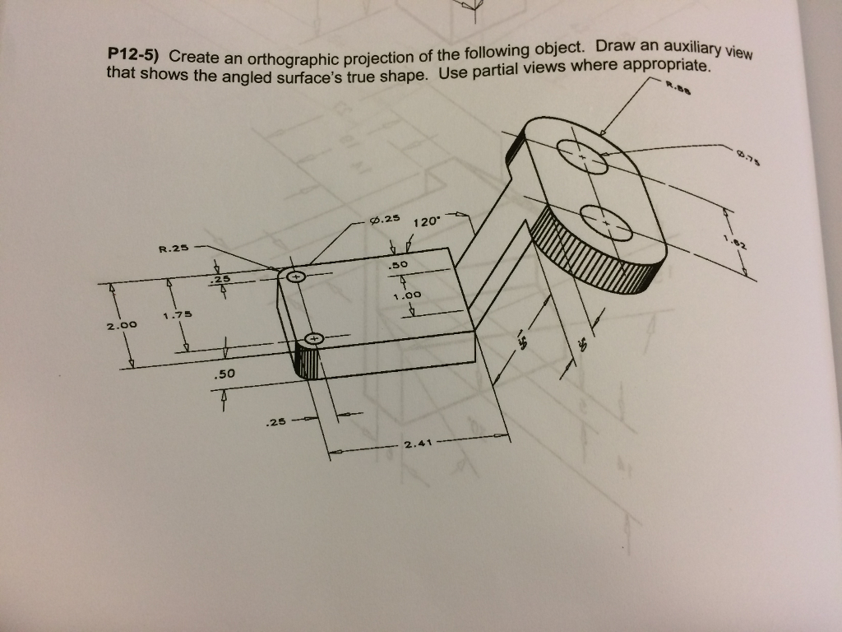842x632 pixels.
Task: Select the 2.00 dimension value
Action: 121,327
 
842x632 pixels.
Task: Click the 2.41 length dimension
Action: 419,445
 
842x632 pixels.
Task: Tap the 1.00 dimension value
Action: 406,294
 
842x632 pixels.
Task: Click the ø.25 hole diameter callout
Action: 385,221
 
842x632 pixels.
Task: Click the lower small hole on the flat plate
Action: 316,338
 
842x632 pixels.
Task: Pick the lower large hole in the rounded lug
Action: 606,223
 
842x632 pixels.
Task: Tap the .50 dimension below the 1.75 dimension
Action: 224,374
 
